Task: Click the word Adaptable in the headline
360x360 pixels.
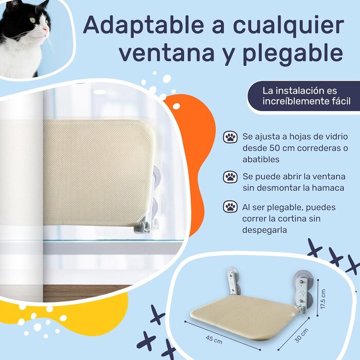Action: pos(143,26)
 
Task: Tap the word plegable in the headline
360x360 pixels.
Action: pos(293,54)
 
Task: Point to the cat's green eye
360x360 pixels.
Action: pos(32,20)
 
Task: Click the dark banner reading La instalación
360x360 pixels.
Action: pos(303,96)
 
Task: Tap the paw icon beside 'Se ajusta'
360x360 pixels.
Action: pos(230,137)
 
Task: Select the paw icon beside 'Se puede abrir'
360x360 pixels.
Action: pos(230,177)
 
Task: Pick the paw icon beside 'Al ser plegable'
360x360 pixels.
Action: pos(230,207)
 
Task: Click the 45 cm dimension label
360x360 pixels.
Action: pos(214,339)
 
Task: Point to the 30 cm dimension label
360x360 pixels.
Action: pos(301,336)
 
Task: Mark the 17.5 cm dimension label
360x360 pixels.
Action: pos(323,299)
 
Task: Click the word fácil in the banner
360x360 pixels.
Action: pos(341,101)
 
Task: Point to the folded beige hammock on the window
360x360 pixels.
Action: pos(99,173)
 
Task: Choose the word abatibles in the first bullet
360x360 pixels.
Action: pos(261,159)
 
